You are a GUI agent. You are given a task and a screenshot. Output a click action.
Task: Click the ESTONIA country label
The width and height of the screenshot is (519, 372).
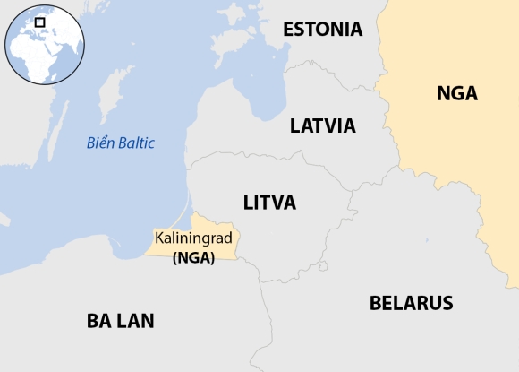coord(322,29)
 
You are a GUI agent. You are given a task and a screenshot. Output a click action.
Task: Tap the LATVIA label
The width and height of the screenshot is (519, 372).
coord(322,125)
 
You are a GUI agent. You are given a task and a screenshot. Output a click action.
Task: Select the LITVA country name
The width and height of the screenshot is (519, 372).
coord(269,203)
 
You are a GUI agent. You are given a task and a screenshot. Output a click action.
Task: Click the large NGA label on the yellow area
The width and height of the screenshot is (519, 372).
coord(456,93)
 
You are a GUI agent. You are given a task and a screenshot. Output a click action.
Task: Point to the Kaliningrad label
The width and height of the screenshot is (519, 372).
coord(193,239)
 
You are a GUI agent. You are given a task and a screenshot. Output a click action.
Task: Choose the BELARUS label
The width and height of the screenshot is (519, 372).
coord(411,303)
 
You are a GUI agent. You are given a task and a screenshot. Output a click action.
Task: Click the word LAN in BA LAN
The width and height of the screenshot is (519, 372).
coord(136,320)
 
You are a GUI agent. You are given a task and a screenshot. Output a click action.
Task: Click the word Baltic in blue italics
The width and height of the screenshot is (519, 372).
coord(134,143)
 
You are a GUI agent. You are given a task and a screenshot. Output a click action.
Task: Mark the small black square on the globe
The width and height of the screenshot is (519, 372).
coord(39,22)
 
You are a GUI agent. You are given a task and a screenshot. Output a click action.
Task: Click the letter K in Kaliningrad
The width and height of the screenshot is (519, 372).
coord(159,239)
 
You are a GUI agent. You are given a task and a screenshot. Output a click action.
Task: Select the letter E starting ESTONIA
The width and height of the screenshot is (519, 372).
coord(288,29)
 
